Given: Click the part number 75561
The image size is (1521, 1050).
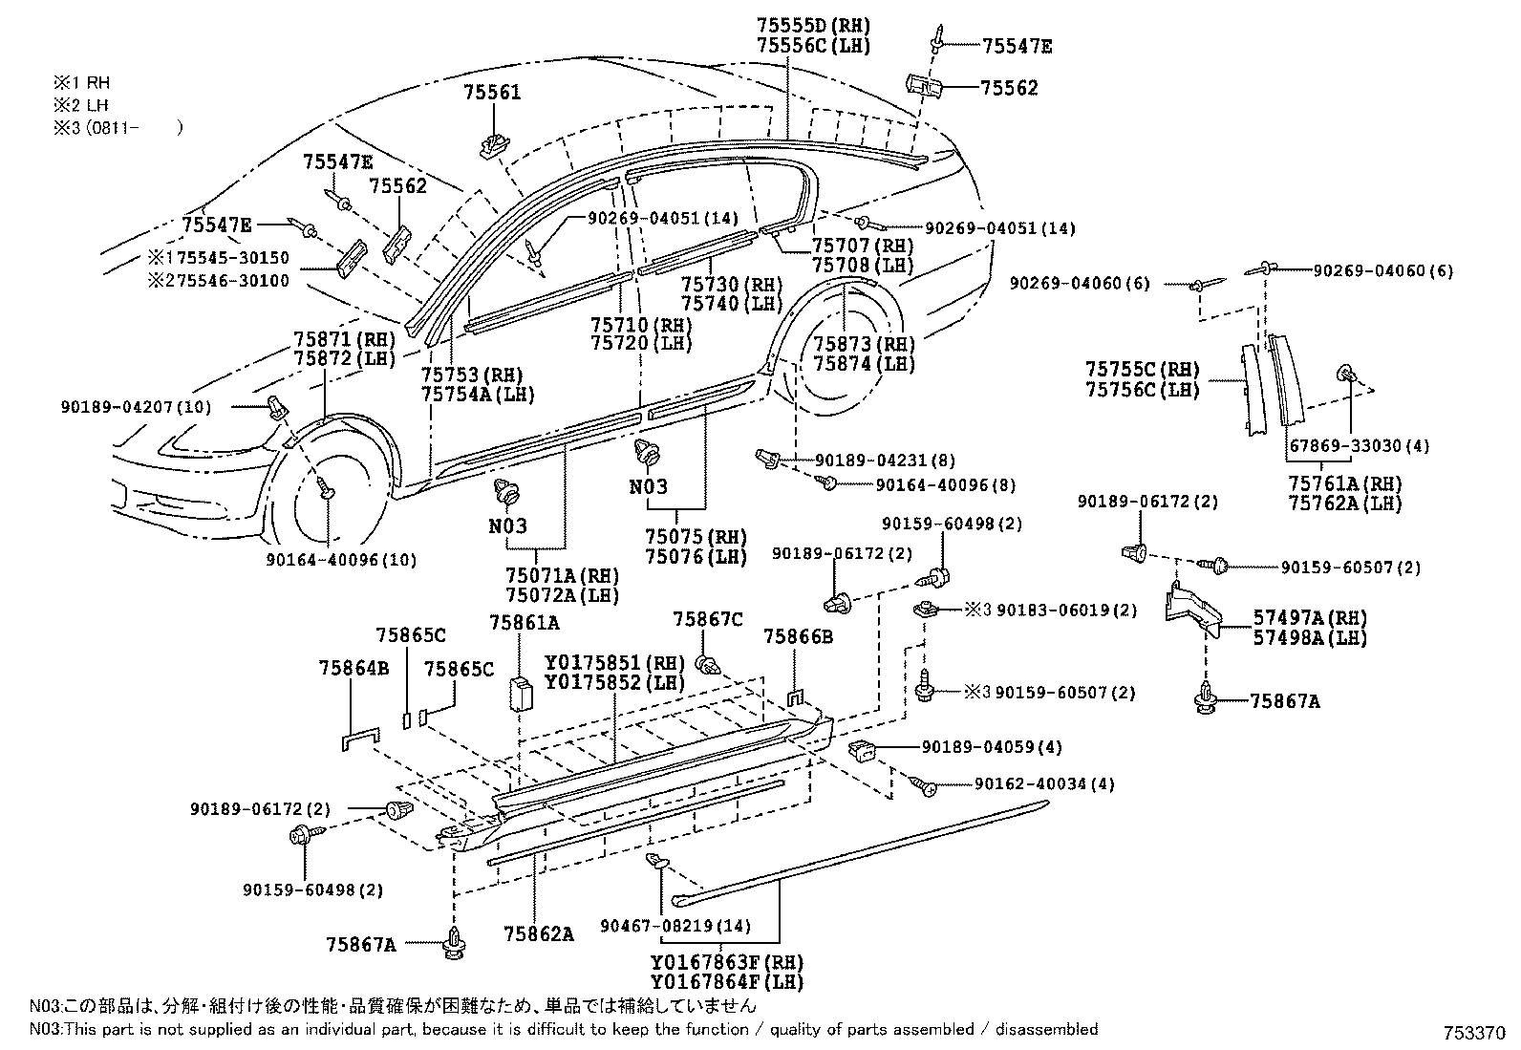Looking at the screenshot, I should (492, 93).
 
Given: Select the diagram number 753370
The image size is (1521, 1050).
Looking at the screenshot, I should (1477, 1034).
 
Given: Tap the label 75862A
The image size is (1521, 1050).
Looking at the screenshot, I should (543, 934).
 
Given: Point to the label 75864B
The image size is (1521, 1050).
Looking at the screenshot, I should (353, 669).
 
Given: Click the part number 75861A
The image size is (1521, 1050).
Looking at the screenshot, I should (524, 623).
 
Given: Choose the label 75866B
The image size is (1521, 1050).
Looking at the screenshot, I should (798, 635).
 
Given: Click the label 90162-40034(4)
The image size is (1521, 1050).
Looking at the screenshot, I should (1044, 784).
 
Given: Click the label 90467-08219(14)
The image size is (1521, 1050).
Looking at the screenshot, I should (675, 925).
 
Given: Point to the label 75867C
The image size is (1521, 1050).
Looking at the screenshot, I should (707, 620).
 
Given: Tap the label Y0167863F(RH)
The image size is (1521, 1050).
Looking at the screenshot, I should (726, 962).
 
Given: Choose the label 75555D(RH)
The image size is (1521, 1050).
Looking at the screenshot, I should (813, 26).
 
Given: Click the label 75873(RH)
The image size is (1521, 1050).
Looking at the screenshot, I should (864, 345).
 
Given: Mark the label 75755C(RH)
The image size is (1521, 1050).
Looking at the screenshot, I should (1142, 370).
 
